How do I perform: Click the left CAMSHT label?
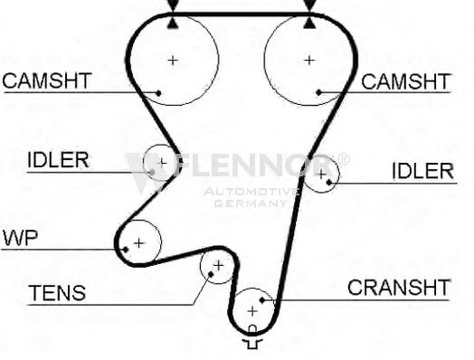pos(47,81)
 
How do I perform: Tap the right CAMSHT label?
pos(405,81)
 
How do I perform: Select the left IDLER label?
pos(58,159)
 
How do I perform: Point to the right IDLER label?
pos(423,171)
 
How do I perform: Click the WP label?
pos(20,238)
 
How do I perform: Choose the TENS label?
pos(57,292)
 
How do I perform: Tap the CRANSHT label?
pos(398,288)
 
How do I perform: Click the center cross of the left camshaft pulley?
pos(173,61)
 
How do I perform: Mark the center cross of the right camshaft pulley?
pos(309,61)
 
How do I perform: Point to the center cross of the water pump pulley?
pos(139,243)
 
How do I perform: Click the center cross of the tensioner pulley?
pos(219,265)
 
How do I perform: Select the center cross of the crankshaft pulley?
pos(252,311)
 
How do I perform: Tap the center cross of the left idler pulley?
pos(162,163)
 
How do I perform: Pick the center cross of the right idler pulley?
pos(322,174)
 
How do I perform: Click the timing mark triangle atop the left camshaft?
pos(173,24)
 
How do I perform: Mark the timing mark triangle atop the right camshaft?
pos(309,24)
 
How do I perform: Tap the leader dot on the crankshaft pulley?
pos(262,300)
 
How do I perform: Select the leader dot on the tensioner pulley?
pos(211,274)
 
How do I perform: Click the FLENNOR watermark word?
pos(255,165)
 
